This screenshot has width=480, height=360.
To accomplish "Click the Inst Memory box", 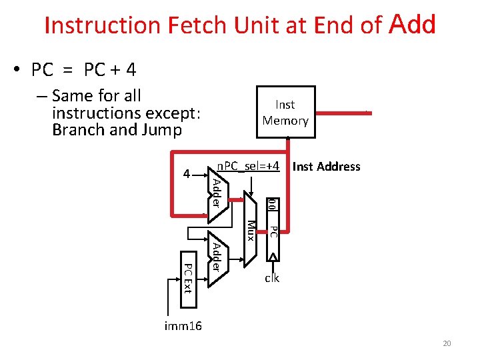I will tap(285, 112).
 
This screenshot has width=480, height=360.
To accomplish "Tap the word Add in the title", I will tap(413, 25).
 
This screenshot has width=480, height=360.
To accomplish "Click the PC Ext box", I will tap(188, 279).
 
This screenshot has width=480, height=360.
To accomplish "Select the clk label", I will tap(271, 278).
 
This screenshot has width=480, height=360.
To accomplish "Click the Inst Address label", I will tap(326, 167).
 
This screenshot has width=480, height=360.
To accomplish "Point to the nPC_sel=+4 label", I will tap(248, 165).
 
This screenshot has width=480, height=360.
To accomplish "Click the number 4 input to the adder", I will tap(187, 174).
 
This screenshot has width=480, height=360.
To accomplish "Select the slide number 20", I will tap(447, 343).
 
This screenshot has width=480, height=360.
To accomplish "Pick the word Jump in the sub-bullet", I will tap(159, 129).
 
